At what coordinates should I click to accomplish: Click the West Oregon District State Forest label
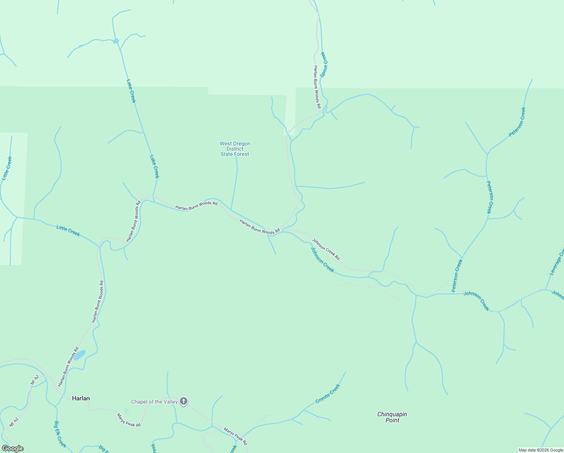(235, 149)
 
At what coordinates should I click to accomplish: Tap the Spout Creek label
(324, 65)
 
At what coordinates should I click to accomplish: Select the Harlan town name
(81, 398)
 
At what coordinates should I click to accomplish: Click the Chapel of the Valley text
(154, 402)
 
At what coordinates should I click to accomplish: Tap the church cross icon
(184, 401)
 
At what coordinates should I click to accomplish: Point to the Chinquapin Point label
(392, 417)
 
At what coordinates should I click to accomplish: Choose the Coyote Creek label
(328, 393)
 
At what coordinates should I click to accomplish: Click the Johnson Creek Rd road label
(326, 249)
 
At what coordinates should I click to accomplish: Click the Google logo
(13, 448)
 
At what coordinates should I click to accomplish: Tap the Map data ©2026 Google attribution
(541, 450)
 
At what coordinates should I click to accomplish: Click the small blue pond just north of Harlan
(80, 355)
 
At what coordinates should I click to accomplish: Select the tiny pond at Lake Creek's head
(116, 41)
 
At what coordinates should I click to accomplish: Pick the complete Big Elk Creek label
(60, 434)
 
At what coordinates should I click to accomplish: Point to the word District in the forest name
(235, 149)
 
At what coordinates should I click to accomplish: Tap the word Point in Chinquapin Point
(392, 420)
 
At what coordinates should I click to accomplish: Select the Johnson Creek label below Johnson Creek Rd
(322, 259)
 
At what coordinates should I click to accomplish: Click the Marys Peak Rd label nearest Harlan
(129, 420)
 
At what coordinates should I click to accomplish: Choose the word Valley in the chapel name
(170, 402)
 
